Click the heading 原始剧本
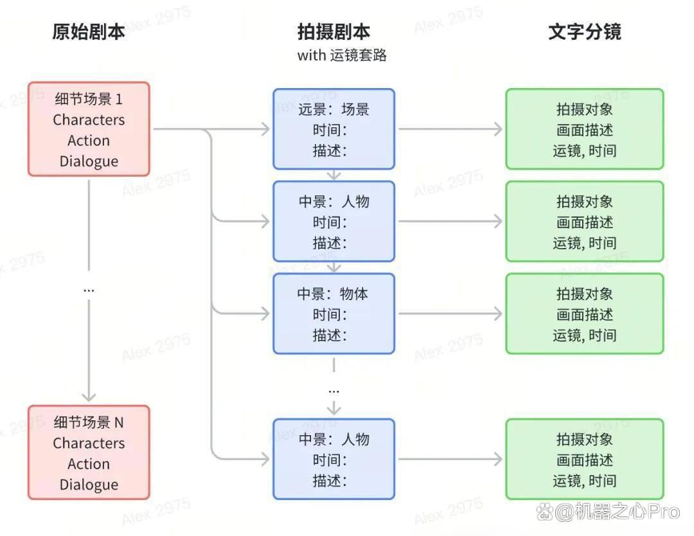(89, 32)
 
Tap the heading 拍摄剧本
(334, 32)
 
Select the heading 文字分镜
(585, 32)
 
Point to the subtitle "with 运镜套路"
(342, 55)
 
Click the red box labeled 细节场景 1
(89, 129)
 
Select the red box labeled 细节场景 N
(89, 452)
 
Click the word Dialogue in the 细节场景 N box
(89, 485)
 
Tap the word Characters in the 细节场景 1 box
(89, 120)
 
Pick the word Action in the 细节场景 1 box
(89, 141)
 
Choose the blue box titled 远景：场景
(334, 129)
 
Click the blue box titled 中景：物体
(334, 314)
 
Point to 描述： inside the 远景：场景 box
(330, 151)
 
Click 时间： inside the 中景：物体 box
(330, 315)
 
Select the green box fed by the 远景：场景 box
(585, 129)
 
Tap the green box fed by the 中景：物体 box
(585, 314)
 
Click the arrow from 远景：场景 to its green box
(450, 129)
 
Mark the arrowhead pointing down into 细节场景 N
(89, 396)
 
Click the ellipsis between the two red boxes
(89, 290)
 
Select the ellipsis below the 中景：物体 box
(334, 391)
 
